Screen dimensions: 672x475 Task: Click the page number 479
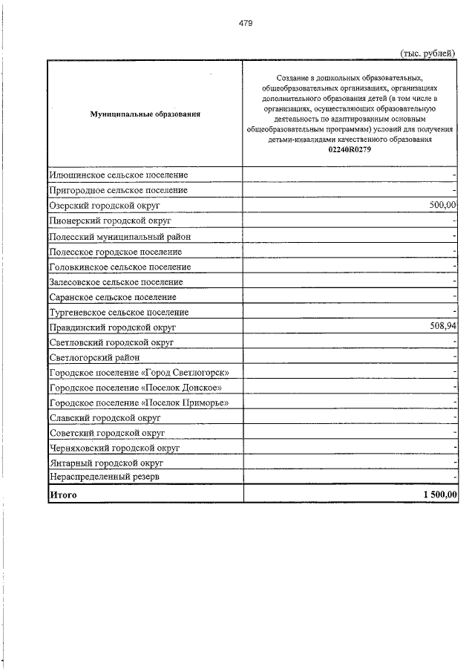coord(246,23)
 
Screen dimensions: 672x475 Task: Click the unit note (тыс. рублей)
coord(427,53)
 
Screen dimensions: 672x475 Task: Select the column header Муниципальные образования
coord(145,114)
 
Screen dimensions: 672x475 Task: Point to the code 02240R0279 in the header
coord(350,149)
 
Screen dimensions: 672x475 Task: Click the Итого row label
coord(63,494)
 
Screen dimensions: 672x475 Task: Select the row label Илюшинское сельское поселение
coord(118,175)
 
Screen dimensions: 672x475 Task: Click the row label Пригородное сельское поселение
coord(118,190)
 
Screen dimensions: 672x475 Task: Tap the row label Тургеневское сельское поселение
coord(119,313)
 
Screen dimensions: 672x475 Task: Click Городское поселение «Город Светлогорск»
coord(139,372)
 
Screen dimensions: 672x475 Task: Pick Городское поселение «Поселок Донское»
coord(135,388)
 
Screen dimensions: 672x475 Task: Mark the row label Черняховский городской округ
coord(114,448)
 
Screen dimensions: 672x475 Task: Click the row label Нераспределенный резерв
coord(104,477)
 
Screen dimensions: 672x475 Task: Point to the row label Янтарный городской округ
coord(105,463)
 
